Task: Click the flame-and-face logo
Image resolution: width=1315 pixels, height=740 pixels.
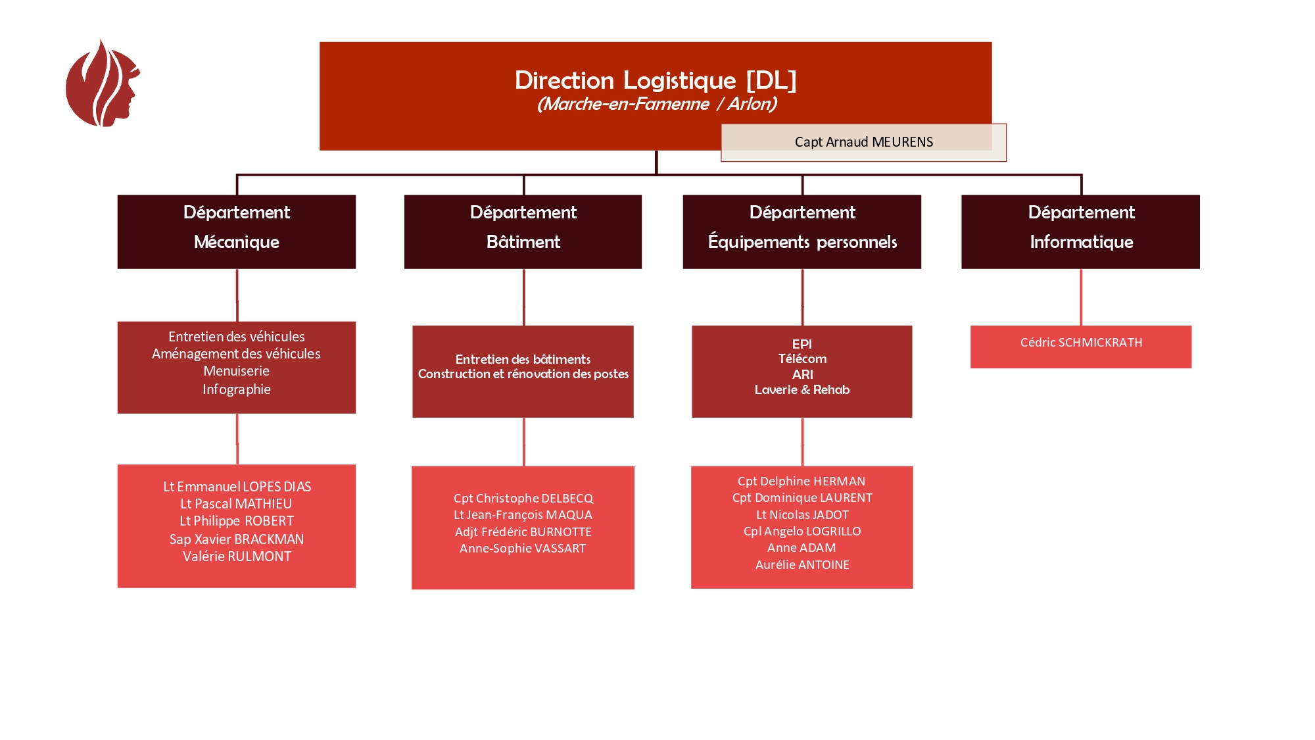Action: click(102, 84)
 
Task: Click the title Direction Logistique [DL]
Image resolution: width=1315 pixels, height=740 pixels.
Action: click(655, 80)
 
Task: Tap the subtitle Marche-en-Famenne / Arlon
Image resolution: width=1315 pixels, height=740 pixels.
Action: click(656, 104)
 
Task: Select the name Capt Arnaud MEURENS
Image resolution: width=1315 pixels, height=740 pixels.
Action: click(863, 142)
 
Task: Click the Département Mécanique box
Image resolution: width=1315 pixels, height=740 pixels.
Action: click(236, 231)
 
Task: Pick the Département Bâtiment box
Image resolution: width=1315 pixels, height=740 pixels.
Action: click(523, 231)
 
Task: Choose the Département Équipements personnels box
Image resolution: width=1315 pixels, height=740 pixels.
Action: click(801, 231)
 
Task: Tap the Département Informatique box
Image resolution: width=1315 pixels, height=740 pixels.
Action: click(1080, 231)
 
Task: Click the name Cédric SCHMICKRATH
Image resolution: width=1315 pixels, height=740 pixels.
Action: click(1080, 343)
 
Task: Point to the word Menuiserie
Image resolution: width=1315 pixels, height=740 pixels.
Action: click(236, 371)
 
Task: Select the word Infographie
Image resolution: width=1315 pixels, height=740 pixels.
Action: click(236, 389)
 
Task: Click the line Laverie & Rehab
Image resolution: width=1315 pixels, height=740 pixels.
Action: click(801, 390)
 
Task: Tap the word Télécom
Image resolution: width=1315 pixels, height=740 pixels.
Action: click(801, 359)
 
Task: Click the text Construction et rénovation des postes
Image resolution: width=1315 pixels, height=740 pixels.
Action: click(523, 374)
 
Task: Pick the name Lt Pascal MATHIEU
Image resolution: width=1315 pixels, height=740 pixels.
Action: click(236, 504)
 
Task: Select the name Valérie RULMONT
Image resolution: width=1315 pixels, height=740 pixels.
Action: click(236, 556)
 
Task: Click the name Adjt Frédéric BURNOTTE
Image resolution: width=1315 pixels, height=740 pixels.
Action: click(523, 532)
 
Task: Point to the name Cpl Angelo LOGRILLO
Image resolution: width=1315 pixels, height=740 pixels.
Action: click(801, 531)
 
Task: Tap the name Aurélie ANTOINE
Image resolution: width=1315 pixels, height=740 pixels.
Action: click(801, 565)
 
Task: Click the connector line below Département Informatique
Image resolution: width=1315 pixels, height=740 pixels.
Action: click(1080, 297)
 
